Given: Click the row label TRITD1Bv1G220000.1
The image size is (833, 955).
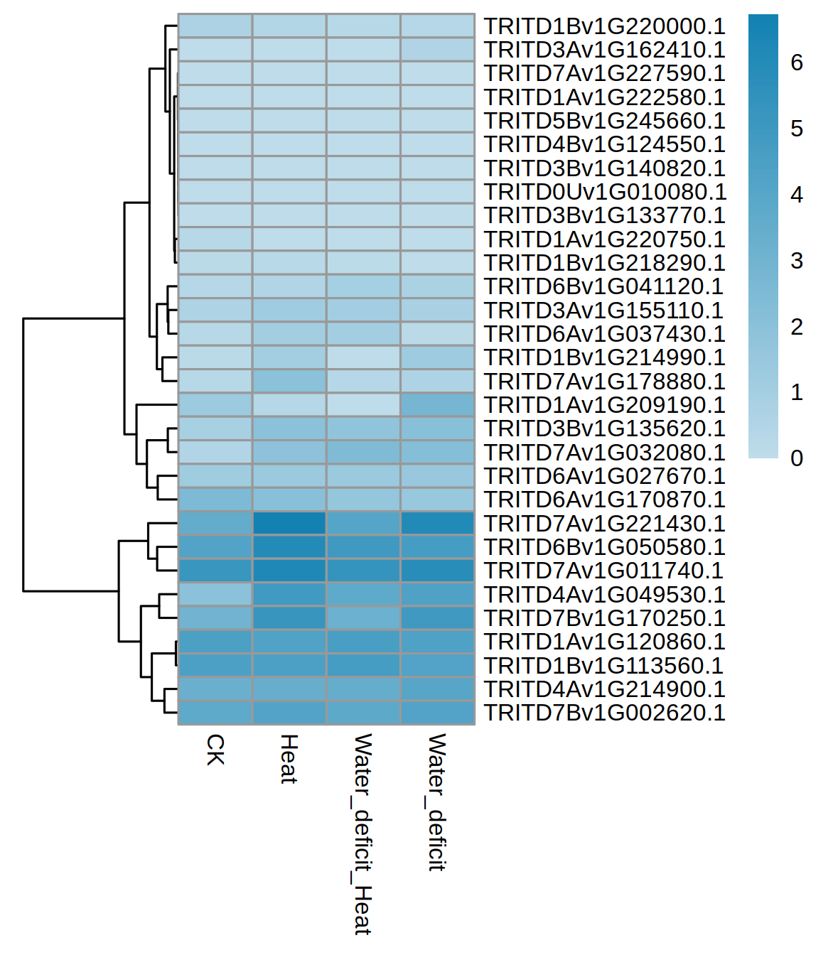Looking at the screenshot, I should [x=604, y=26].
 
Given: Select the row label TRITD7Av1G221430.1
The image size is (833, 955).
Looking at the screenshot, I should [x=604, y=524].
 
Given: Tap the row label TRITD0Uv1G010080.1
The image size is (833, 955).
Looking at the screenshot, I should [x=604, y=192].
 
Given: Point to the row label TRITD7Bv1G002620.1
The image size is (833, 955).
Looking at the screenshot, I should [x=604, y=713].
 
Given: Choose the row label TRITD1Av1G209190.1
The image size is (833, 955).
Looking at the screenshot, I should [x=604, y=405].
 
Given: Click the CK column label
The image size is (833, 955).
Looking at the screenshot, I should [x=215, y=750].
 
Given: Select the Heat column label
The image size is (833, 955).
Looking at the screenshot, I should [x=289, y=759].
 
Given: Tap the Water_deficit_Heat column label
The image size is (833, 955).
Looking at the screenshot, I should [x=362, y=833].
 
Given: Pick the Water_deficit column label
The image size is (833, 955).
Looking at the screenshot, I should [x=436, y=802].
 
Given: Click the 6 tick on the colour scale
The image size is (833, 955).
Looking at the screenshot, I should [x=797, y=63].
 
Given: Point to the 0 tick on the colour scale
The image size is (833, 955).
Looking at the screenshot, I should [x=797, y=458].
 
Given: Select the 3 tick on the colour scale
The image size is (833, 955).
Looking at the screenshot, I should [x=797, y=261].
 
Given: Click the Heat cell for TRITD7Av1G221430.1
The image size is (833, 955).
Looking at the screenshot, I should [x=289, y=524].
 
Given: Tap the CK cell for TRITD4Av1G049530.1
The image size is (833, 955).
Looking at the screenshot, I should [x=215, y=594].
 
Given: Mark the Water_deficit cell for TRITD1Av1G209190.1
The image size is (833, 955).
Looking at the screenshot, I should [x=438, y=405].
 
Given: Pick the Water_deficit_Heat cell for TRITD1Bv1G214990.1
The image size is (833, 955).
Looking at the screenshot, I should [x=363, y=357].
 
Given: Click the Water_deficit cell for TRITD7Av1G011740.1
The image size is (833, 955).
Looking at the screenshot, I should [x=438, y=571].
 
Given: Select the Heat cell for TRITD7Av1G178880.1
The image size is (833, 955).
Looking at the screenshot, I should [x=289, y=382].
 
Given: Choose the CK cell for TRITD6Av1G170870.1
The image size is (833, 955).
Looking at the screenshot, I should [x=215, y=500].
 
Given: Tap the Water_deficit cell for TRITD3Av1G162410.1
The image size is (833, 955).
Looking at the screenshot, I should [x=438, y=50].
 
